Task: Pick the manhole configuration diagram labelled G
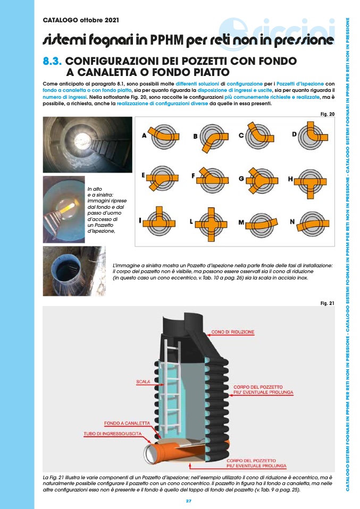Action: point(263,180)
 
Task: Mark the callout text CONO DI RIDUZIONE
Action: point(233,332)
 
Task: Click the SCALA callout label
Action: point(143,381)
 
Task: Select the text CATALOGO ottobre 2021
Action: point(81,20)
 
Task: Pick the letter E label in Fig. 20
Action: point(143,175)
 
